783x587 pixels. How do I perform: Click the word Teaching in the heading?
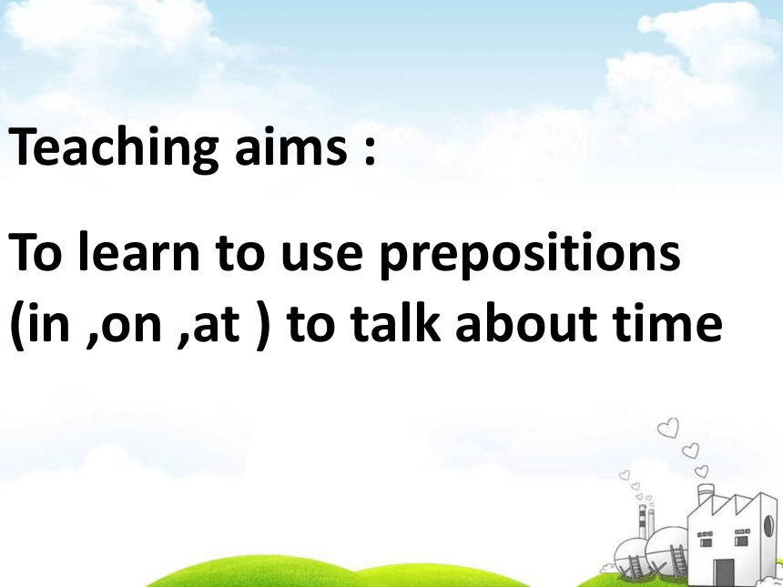tap(114, 148)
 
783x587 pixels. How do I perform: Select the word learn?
tap(138, 251)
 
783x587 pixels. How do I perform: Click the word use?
tap(320, 256)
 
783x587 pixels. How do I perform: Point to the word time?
tap(669, 322)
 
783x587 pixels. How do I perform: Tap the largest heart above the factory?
tap(668, 429)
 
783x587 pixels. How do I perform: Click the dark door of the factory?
tap(724, 572)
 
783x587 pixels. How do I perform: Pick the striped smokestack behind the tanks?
tap(643, 521)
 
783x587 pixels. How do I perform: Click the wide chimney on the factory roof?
tap(705, 494)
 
